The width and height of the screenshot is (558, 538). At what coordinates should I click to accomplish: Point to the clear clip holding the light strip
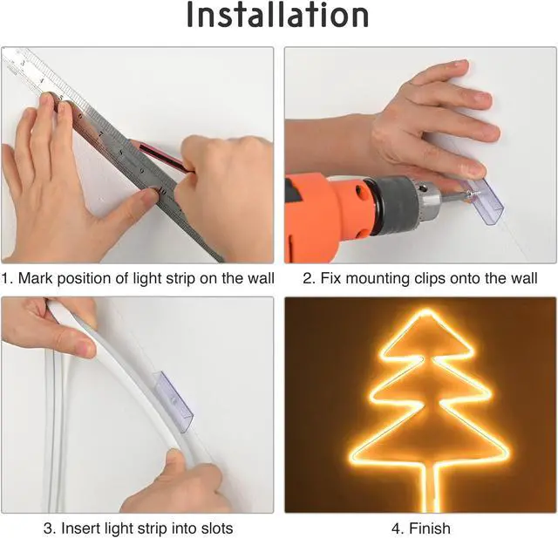173,398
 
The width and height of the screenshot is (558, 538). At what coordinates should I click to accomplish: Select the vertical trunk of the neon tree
425,488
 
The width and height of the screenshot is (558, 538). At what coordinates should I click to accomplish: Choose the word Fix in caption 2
329,279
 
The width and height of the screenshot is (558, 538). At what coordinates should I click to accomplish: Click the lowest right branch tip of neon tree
507,457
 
